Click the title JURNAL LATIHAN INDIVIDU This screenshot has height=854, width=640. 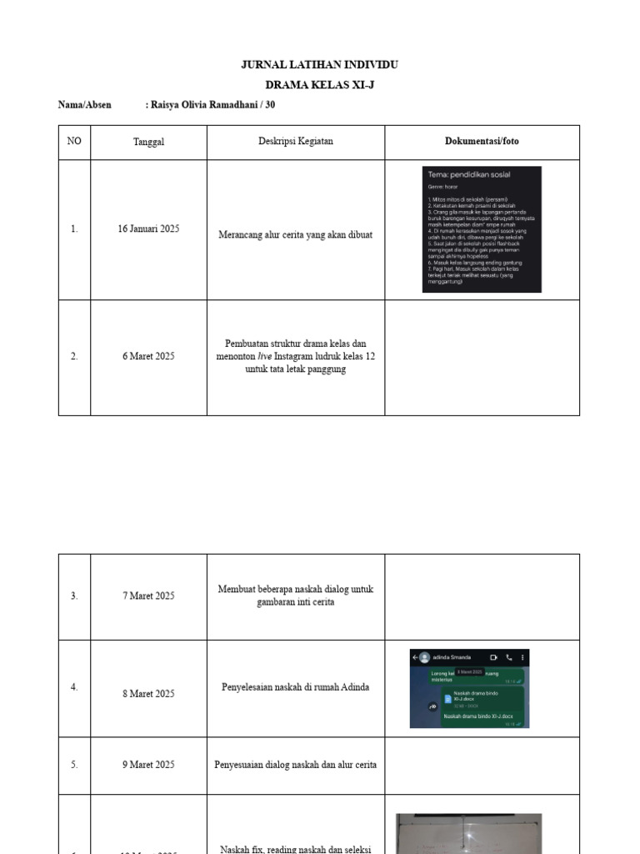click(x=319, y=64)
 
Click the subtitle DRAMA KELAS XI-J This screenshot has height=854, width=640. click(x=319, y=85)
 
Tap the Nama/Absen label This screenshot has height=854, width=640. click(x=83, y=105)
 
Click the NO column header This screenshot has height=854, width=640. click(x=74, y=142)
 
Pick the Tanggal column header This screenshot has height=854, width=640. click(x=148, y=142)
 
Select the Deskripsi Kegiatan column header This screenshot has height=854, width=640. click(x=295, y=142)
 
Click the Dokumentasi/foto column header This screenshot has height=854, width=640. click(x=482, y=142)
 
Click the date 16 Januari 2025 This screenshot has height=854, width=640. click(x=148, y=229)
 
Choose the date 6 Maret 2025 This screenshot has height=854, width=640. click(x=148, y=356)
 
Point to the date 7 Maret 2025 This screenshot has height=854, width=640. click(x=148, y=595)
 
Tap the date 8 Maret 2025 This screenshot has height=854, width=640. click(x=148, y=693)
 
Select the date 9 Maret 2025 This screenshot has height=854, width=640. click(x=148, y=764)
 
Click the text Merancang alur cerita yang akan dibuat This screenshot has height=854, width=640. click(x=295, y=235)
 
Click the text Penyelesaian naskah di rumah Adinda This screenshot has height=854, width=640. click(x=295, y=687)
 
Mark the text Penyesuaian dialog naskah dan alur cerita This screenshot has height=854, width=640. click(x=295, y=764)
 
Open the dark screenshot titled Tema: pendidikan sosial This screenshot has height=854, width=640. click(x=482, y=229)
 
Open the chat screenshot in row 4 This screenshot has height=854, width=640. click(x=469, y=688)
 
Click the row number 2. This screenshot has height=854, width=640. click(x=74, y=356)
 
